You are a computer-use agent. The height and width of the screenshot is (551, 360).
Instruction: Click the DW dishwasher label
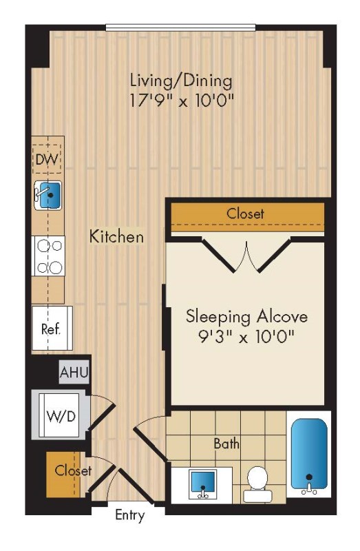pyautogui.click(x=47, y=160)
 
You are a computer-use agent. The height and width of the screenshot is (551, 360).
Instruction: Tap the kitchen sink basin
pyautogui.click(x=50, y=196)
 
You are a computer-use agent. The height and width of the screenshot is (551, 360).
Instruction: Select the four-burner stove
pyautogui.click(x=48, y=256)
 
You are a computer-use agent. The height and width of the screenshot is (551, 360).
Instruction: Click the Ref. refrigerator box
pyautogui.click(x=52, y=329)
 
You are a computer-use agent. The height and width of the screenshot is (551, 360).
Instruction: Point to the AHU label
pyautogui.click(x=74, y=372)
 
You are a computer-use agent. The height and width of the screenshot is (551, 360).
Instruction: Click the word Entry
pyautogui.click(x=130, y=515)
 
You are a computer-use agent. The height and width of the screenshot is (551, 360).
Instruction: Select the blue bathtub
pyautogui.click(x=309, y=454)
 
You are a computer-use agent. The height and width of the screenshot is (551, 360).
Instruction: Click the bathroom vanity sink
pyautogui.click(x=202, y=484)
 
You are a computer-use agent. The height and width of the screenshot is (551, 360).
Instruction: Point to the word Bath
pyautogui.click(x=226, y=444)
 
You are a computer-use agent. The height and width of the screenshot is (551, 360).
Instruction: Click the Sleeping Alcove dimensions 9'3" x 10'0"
pyautogui.click(x=246, y=337)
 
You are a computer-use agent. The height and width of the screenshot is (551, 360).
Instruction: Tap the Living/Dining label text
pyautogui.click(x=181, y=81)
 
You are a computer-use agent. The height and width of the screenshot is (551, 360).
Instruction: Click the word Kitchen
pyautogui.click(x=116, y=236)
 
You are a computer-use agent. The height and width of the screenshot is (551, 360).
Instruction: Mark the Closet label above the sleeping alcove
pyautogui.click(x=245, y=214)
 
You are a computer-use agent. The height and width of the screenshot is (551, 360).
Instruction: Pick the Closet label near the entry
pyautogui.click(x=73, y=470)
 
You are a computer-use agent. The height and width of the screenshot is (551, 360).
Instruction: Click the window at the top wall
pyautogui.click(x=181, y=28)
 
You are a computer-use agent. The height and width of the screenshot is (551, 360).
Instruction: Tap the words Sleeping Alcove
pyautogui.click(x=246, y=317)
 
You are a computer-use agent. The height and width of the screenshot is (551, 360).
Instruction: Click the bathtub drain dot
pyautogui.click(x=309, y=477)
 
